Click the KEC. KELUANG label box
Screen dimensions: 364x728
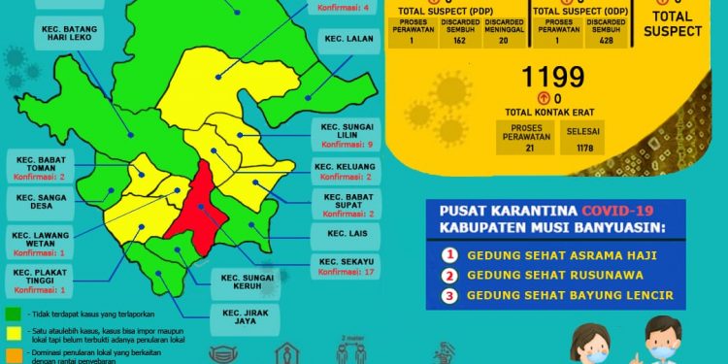345,172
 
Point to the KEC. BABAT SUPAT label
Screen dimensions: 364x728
345,205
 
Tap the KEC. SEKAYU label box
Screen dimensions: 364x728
345,266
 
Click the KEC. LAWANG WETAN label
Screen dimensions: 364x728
40,243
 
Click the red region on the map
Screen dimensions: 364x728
198,209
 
